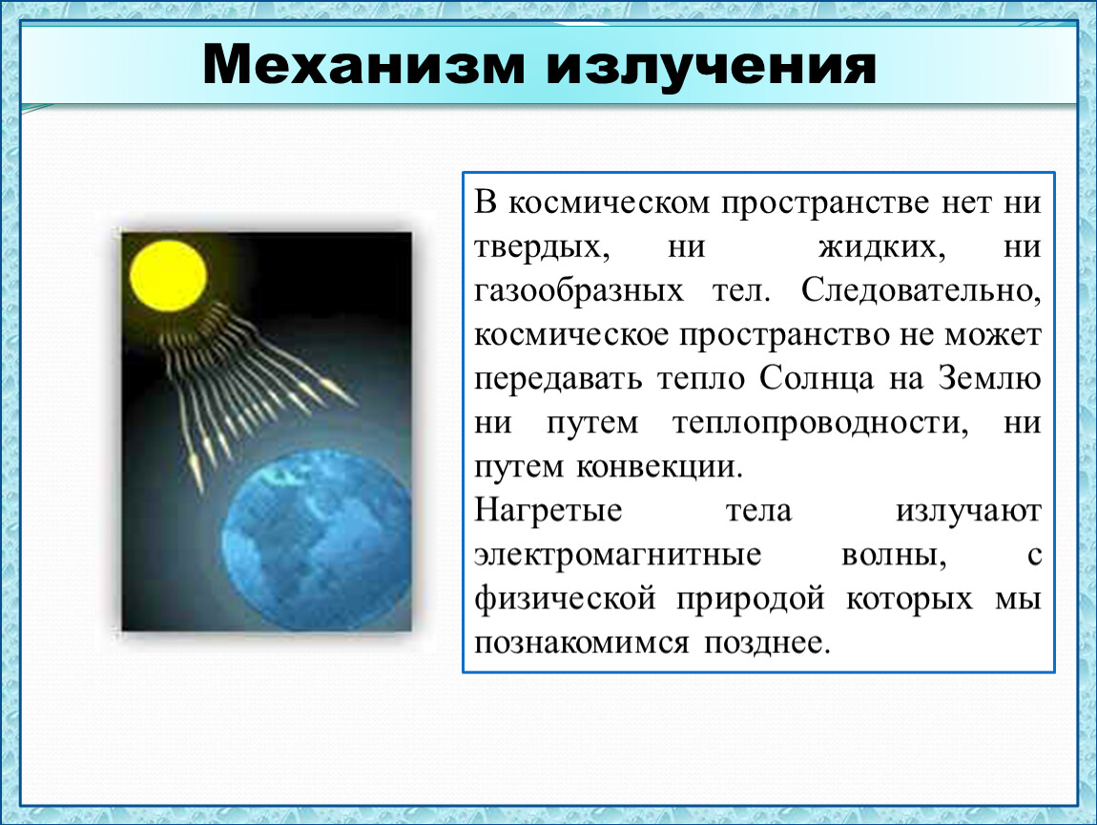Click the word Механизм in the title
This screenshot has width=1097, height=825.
[x=363, y=64]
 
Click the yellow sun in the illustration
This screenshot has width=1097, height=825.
[x=169, y=275]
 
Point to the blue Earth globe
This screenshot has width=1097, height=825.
[x=317, y=540]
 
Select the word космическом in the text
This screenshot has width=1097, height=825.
[x=608, y=202]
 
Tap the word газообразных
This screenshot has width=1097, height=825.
[x=579, y=291]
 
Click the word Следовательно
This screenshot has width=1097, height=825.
[x=921, y=290]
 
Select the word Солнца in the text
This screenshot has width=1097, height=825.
[x=817, y=379]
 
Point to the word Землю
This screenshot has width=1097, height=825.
[x=989, y=378]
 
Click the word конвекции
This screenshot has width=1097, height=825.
[x=659, y=467]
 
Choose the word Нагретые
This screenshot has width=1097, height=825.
[x=548, y=511]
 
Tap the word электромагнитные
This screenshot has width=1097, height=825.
[x=618, y=556]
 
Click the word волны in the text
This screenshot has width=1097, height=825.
[x=894, y=556]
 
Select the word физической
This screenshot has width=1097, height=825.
[x=566, y=600]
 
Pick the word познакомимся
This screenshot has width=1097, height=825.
[x=581, y=643]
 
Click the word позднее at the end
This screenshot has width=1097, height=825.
[x=767, y=643]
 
